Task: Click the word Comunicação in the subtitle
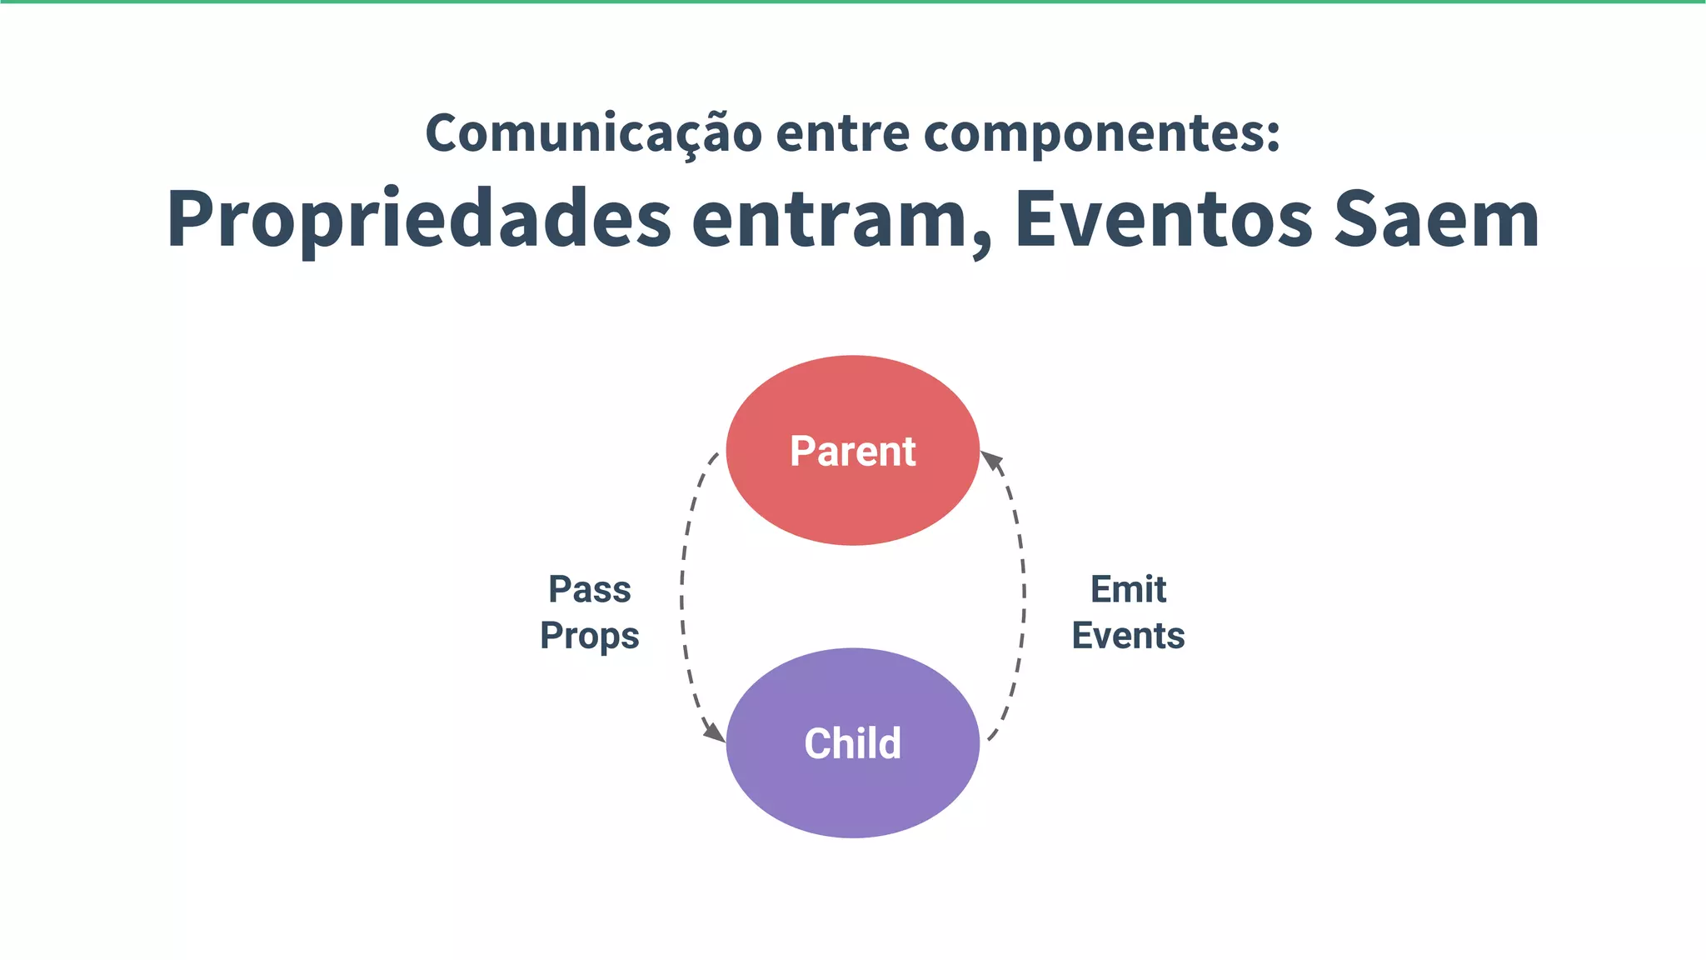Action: [x=593, y=133]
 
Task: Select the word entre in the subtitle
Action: [x=843, y=133]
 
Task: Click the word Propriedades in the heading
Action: [x=419, y=221]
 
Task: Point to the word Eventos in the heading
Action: [x=1163, y=221]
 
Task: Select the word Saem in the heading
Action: [x=1436, y=221]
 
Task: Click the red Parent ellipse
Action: [x=852, y=500]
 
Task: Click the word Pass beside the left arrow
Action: [x=590, y=590]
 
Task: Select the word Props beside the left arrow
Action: [x=590, y=636]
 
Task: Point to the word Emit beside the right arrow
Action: [x=1128, y=590]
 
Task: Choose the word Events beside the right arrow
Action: [x=1128, y=636]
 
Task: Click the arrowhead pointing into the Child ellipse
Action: [x=715, y=732]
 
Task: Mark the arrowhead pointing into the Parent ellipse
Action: [x=991, y=461]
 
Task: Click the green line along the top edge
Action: [x=853, y=2]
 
